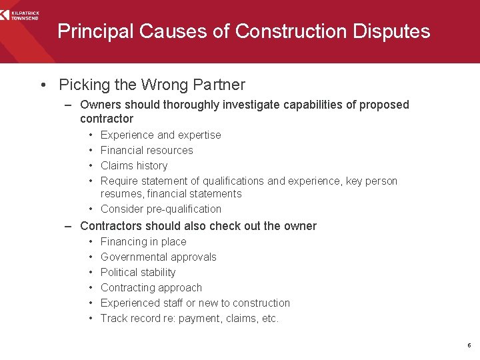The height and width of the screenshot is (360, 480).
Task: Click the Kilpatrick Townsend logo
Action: click(20, 13)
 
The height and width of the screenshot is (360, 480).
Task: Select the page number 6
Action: click(469, 345)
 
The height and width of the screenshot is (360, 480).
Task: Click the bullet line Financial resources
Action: click(147, 151)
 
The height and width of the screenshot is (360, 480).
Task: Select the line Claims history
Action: click(134, 166)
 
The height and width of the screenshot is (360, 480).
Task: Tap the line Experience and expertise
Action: click(161, 135)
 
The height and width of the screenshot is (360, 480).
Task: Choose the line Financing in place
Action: click(143, 242)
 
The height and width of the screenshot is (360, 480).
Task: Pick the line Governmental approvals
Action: click(159, 257)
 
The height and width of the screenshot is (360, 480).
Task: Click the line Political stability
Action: click(138, 273)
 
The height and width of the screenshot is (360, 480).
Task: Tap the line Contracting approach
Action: click(151, 288)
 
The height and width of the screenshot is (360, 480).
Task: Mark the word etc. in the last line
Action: click(270, 319)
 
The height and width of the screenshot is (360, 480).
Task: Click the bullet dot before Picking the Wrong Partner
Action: click(43, 85)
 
